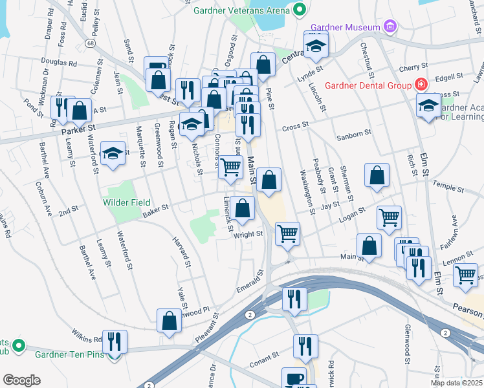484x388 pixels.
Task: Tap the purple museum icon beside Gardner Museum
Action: (390, 27)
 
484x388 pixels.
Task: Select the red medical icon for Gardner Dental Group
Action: (421, 85)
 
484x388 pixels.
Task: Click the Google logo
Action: (21, 380)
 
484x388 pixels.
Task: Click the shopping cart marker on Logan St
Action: (389, 218)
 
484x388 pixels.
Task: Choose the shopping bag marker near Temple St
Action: (377, 175)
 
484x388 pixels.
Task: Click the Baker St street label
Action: (155, 207)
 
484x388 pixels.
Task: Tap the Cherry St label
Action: (410, 67)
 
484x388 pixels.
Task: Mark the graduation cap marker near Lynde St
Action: (316, 45)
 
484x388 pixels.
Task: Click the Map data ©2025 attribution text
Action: (456, 383)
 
